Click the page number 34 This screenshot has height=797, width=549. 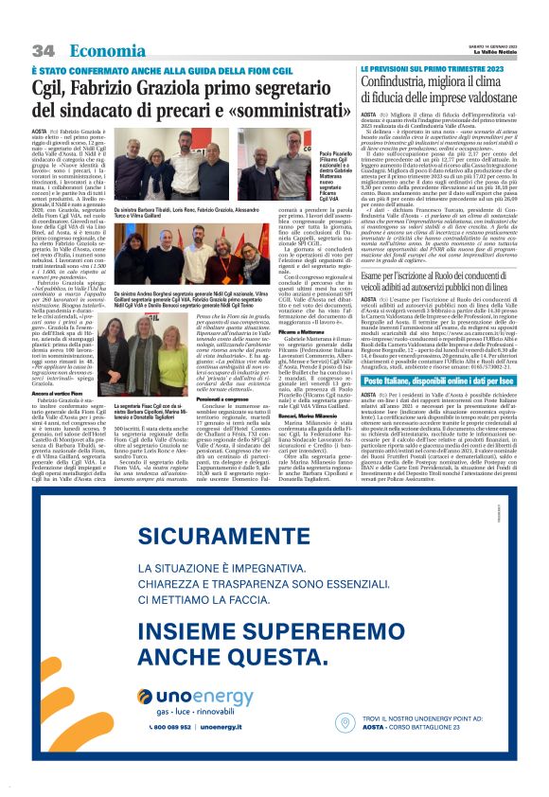pyautogui.click(x=43, y=50)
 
